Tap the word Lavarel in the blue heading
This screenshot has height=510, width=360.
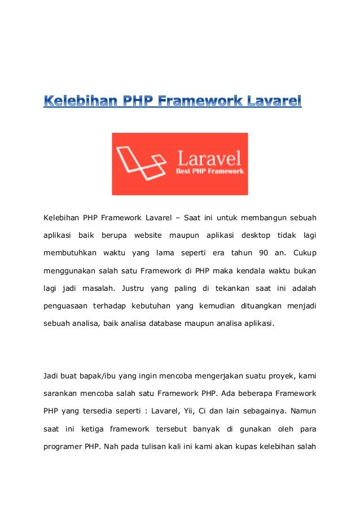[x=275, y=102]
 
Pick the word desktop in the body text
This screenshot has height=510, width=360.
[x=255, y=234]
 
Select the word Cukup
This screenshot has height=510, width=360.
[x=304, y=252]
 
